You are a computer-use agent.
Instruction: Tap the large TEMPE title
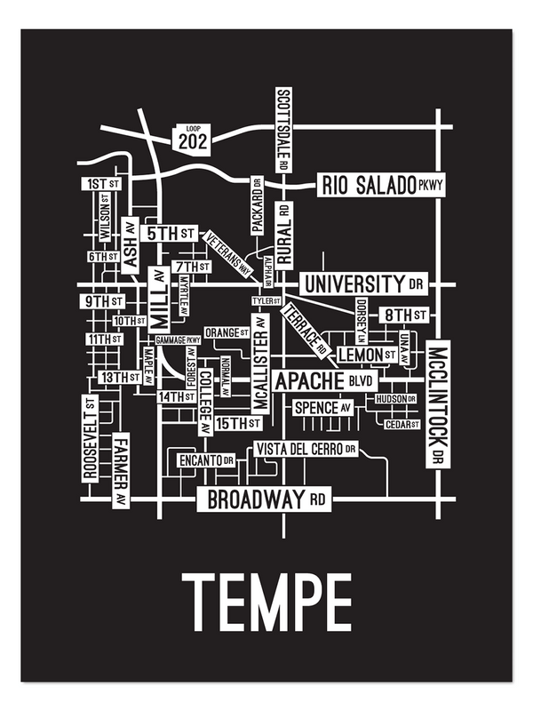click(266, 602)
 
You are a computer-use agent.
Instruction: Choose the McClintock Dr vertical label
click(437, 405)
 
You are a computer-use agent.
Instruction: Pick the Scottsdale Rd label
click(283, 130)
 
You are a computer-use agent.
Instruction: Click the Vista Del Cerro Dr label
click(306, 449)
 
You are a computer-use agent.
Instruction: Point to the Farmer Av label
click(121, 470)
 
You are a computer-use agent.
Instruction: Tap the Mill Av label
click(158, 300)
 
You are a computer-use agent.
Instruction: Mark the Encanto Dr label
click(205, 460)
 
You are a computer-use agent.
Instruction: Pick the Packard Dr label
click(257, 204)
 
